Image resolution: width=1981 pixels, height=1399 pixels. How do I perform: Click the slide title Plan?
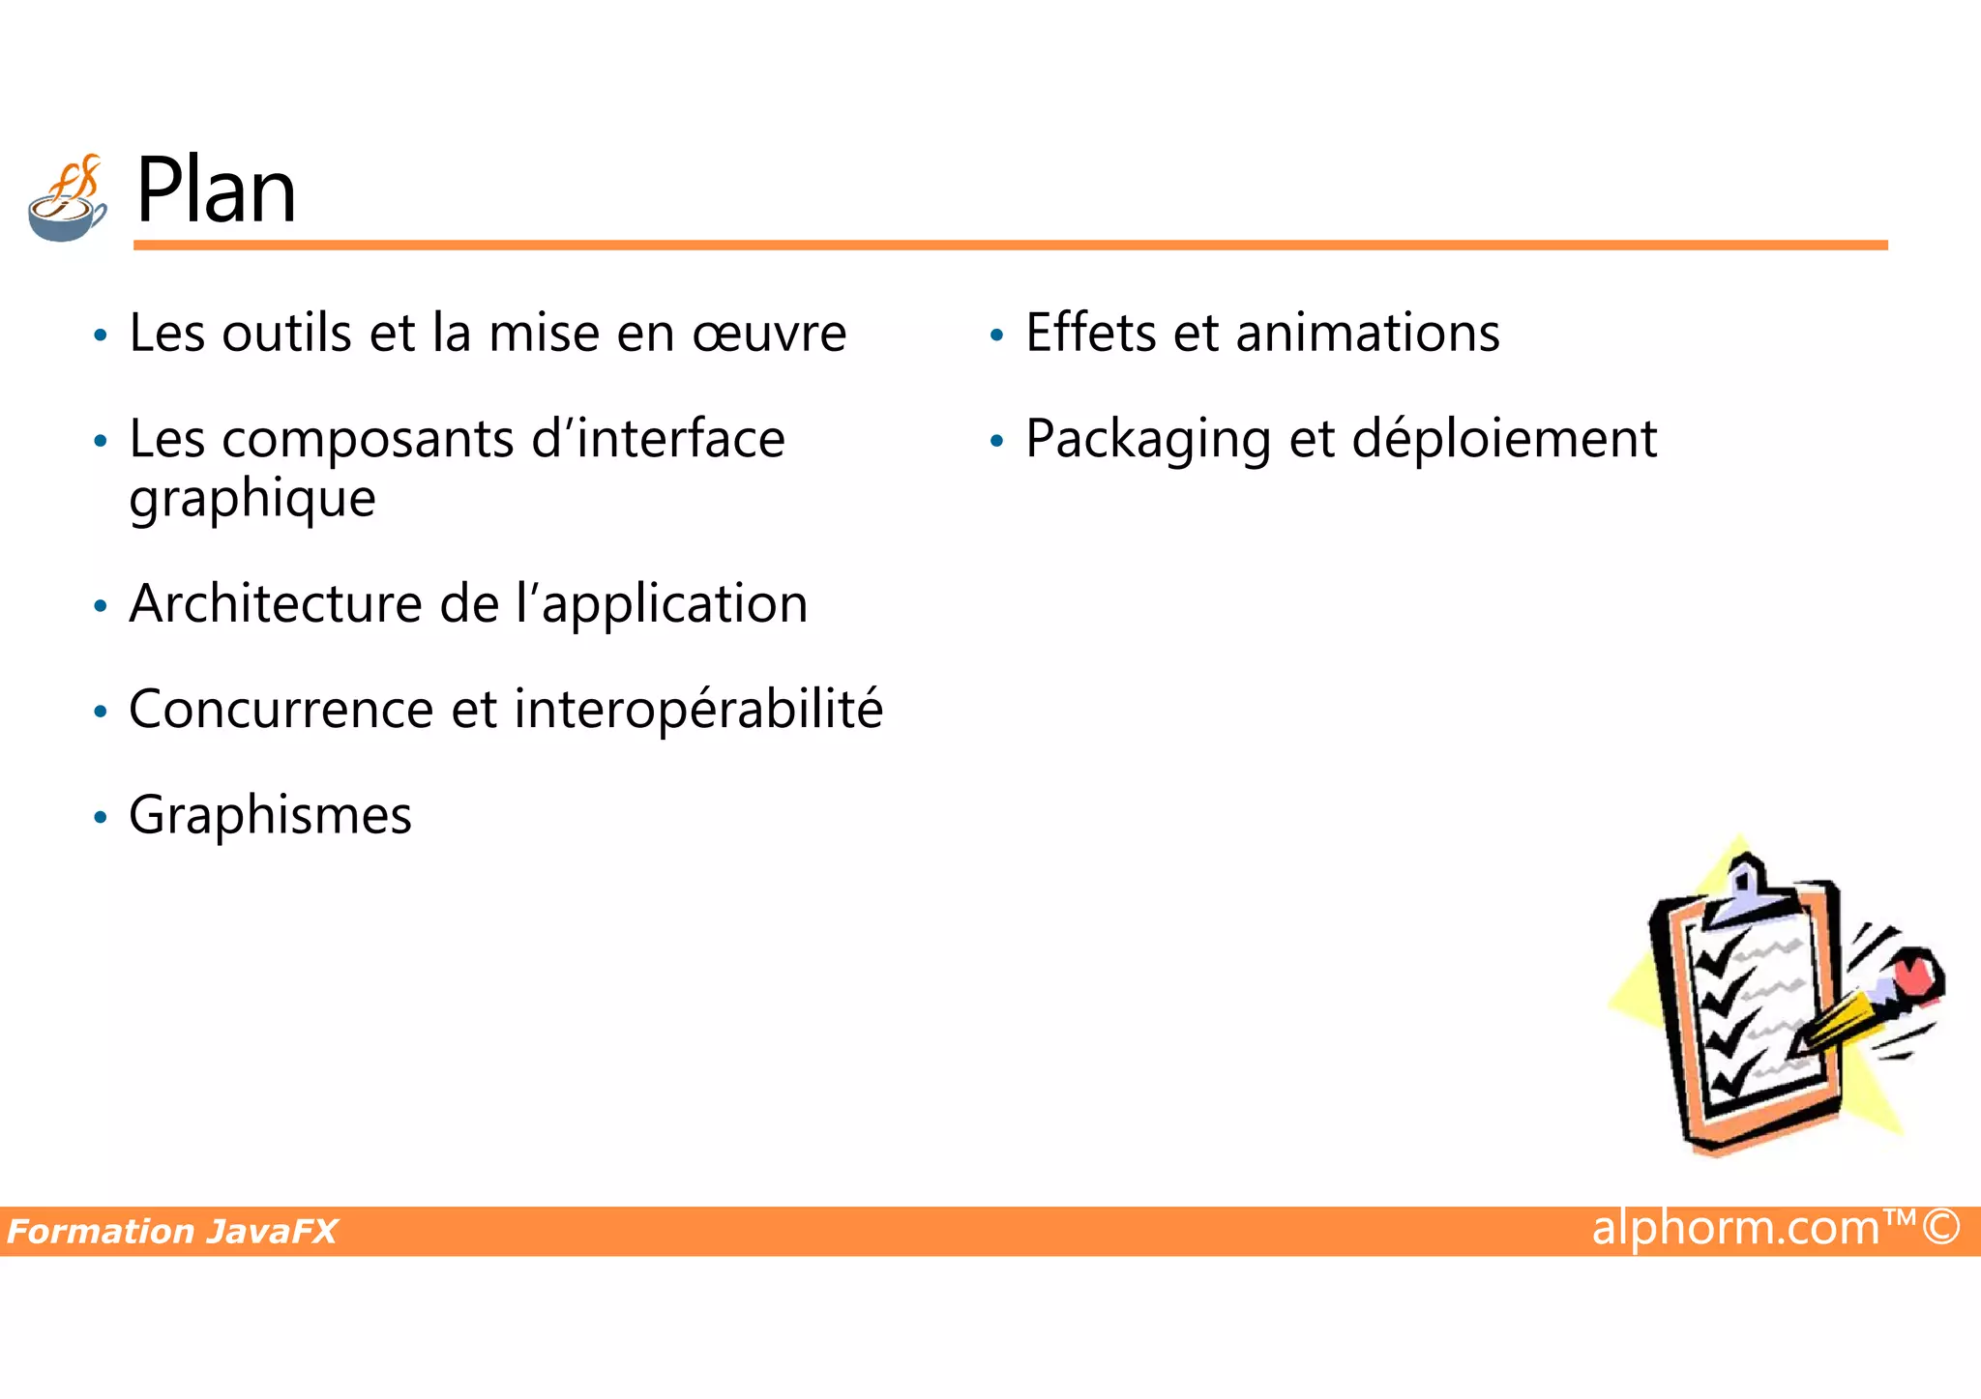click(x=216, y=190)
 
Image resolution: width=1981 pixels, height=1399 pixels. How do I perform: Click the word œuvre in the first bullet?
click(x=769, y=334)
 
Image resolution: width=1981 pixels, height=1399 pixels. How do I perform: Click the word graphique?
click(x=252, y=500)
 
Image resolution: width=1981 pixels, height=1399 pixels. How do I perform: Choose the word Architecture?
click(x=276, y=604)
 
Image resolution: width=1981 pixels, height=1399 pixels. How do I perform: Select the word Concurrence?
click(x=281, y=710)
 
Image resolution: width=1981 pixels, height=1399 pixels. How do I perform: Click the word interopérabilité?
click(x=698, y=710)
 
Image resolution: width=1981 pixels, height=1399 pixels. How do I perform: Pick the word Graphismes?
click(x=270, y=816)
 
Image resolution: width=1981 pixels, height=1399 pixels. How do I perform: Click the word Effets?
click(x=1090, y=334)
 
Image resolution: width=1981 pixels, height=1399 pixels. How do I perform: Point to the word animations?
click(x=1368, y=334)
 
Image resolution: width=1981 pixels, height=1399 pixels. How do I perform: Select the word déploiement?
click(x=1504, y=440)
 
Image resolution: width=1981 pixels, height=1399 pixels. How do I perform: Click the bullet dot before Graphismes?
click(x=100, y=818)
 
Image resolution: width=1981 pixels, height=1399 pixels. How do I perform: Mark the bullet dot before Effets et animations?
click(x=996, y=335)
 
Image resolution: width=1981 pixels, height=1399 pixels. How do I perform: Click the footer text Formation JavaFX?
click(x=172, y=1232)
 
